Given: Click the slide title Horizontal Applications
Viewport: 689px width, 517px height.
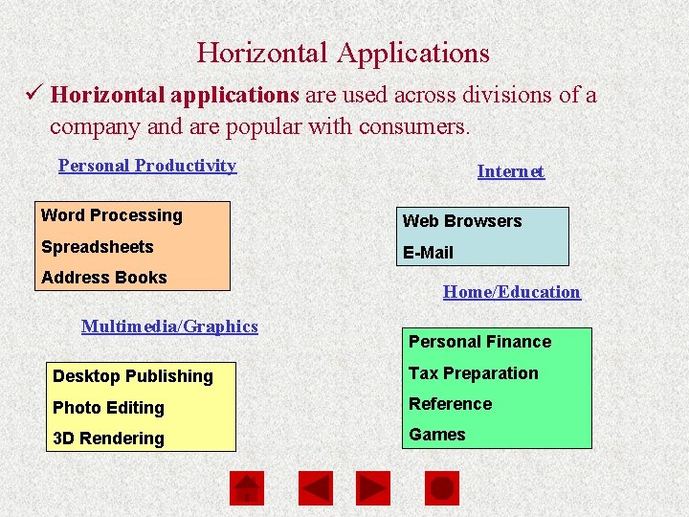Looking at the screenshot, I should coord(343,53).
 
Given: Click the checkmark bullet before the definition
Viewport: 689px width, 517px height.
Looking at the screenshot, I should coord(33,95).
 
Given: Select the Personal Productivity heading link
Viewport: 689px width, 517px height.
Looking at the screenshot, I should coord(147,166).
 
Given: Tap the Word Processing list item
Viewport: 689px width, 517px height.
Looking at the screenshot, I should coord(111,215).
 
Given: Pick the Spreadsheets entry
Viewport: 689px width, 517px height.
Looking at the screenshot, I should coord(97,247).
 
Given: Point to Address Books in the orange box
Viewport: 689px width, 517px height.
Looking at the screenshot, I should coord(103,278).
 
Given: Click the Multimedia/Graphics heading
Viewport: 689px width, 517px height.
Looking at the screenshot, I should coord(169,326).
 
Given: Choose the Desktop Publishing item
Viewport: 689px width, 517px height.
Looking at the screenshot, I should coord(132,376).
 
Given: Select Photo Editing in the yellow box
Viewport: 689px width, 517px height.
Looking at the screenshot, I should coord(108,408).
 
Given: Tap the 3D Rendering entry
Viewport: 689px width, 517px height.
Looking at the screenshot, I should coord(108,438).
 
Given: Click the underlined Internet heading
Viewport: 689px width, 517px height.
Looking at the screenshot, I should coord(510,171).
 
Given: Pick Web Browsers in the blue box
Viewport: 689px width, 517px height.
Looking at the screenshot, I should coord(462,221).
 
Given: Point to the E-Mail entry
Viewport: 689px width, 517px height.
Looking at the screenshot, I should coord(428,253).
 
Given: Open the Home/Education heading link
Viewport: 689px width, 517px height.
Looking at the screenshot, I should coord(511,292).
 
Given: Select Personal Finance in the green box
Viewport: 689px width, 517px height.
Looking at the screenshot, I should coord(479,342).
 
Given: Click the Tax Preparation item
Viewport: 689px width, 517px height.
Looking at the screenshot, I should coord(473,373).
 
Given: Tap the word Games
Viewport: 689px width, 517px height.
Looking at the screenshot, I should coord(437,435).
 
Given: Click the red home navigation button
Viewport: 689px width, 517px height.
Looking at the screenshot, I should coord(247,488).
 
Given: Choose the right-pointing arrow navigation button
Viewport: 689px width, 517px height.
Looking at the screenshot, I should coord(373,488).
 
